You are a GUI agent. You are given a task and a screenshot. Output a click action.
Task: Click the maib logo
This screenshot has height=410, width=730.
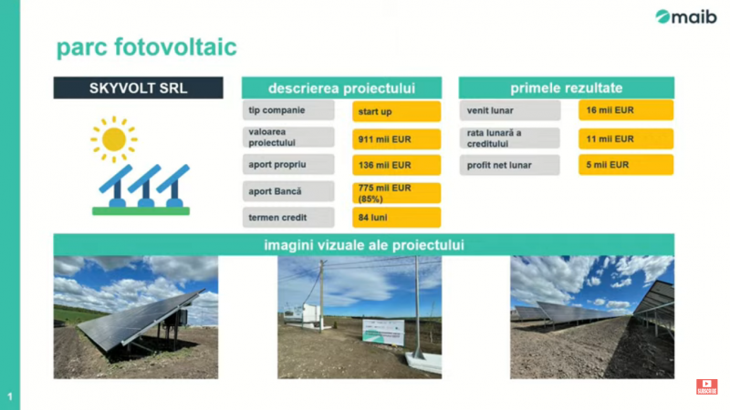tap(686, 16)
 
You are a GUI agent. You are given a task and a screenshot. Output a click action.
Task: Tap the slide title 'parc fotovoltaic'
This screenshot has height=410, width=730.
tap(147, 47)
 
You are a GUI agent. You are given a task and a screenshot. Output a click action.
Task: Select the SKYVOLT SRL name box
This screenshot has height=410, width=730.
tap(139, 87)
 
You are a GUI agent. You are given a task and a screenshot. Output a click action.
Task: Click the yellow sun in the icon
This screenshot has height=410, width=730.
tap(113, 139)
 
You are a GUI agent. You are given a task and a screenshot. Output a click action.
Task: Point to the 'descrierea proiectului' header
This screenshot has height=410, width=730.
tap(341, 87)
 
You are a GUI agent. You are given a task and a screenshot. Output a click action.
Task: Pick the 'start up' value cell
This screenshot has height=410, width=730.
tap(397, 111)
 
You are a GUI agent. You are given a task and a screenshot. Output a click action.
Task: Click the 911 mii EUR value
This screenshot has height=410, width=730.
tap(397, 139)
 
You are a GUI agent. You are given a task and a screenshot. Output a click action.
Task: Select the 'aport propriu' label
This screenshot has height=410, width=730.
tap(288, 165)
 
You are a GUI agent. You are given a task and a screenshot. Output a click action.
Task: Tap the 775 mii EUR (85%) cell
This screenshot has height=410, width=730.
tap(397, 193)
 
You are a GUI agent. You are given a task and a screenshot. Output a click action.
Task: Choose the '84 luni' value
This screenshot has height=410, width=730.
tap(397, 218)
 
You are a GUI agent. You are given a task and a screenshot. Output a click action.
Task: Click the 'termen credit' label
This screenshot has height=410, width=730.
tap(288, 218)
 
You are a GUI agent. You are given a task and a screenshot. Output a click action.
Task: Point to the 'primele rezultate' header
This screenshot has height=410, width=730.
tap(566, 87)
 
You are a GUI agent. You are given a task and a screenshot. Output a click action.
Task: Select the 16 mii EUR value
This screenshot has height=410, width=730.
tap(626, 110)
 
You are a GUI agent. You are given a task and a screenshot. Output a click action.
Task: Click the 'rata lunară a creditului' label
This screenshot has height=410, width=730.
tap(510, 138)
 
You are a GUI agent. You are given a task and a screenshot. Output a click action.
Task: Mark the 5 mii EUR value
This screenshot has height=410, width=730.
tap(626, 165)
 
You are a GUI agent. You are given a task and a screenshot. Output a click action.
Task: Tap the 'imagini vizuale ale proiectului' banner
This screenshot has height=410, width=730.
tap(363, 245)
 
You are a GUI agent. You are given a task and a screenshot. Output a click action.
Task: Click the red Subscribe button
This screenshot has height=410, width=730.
tap(706, 386)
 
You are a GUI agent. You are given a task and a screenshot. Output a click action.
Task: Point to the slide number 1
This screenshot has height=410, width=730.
tap(10, 397)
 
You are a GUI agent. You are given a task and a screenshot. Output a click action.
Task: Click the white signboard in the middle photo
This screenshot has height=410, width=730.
tap(383, 332)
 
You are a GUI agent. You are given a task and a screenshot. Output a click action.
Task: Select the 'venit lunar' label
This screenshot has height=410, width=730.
tap(510, 110)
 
